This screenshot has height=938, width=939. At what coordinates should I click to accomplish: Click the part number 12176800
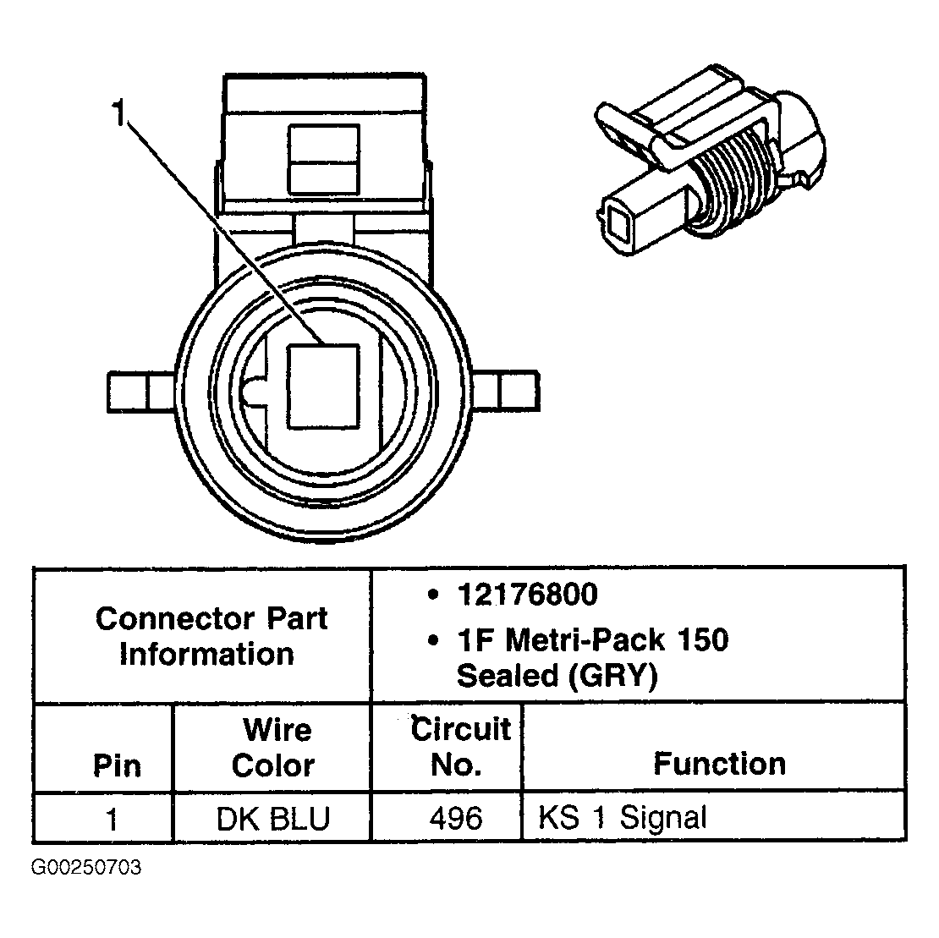527,595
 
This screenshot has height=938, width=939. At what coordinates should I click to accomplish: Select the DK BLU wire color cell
272,818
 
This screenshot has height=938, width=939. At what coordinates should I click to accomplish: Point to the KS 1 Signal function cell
622,818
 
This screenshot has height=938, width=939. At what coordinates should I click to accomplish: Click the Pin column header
117,765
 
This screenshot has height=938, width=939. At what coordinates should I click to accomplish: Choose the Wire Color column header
272,747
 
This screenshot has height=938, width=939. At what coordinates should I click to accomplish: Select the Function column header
719,764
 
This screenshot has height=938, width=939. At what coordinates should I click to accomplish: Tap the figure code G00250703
85,869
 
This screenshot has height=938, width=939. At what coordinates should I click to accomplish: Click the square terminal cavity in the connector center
323,385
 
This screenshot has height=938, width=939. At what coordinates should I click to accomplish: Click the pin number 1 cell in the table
111,818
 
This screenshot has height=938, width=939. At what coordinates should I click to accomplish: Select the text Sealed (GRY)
556,676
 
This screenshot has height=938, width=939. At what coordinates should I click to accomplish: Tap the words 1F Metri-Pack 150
592,640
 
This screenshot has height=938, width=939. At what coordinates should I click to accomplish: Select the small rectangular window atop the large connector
323,158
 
